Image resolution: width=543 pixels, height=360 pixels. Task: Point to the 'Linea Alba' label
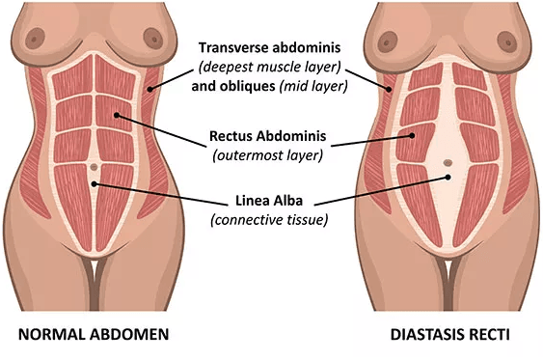click(270, 202)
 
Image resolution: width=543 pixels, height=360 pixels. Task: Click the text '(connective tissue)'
click(270, 220)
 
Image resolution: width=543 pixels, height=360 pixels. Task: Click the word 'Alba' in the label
click(293, 202)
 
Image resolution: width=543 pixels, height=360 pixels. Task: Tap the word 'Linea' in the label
click(253, 202)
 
